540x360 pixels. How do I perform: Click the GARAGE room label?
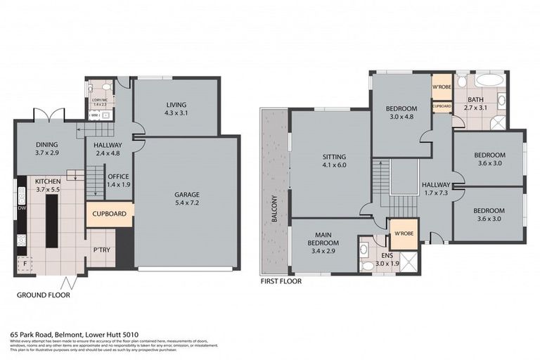point(188,194)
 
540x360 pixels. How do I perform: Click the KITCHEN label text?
point(49,181)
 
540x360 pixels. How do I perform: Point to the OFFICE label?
point(117,176)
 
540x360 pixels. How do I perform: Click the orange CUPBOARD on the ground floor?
point(108,214)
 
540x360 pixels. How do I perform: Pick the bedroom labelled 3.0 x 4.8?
point(401,112)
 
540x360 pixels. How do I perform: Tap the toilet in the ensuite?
point(366,264)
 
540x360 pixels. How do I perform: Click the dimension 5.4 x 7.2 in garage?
point(188,203)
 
